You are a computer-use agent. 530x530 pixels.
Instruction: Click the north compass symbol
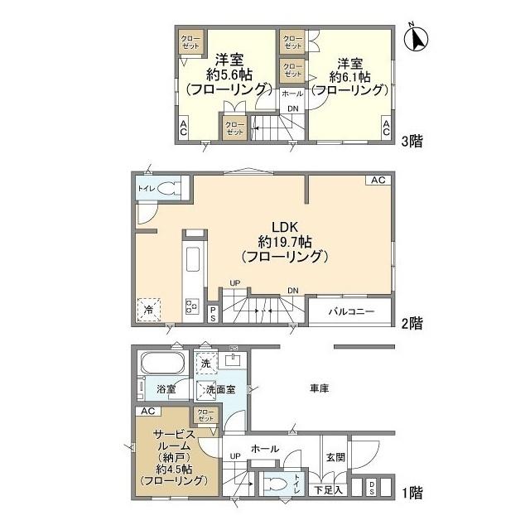click(x=417, y=38)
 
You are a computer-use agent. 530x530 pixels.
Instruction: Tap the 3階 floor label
click(x=412, y=142)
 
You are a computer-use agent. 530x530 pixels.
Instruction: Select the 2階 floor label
click(x=412, y=323)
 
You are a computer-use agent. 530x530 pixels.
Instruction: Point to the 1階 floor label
click(x=412, y=494)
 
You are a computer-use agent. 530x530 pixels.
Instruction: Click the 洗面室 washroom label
click(x=221, y=388)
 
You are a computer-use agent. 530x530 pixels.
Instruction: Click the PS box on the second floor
click(x=213, y=314)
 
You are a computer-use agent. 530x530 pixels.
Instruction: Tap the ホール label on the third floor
click(x=292, y=94)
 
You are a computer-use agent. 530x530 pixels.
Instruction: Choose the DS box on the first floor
click(x=372, y=489)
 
